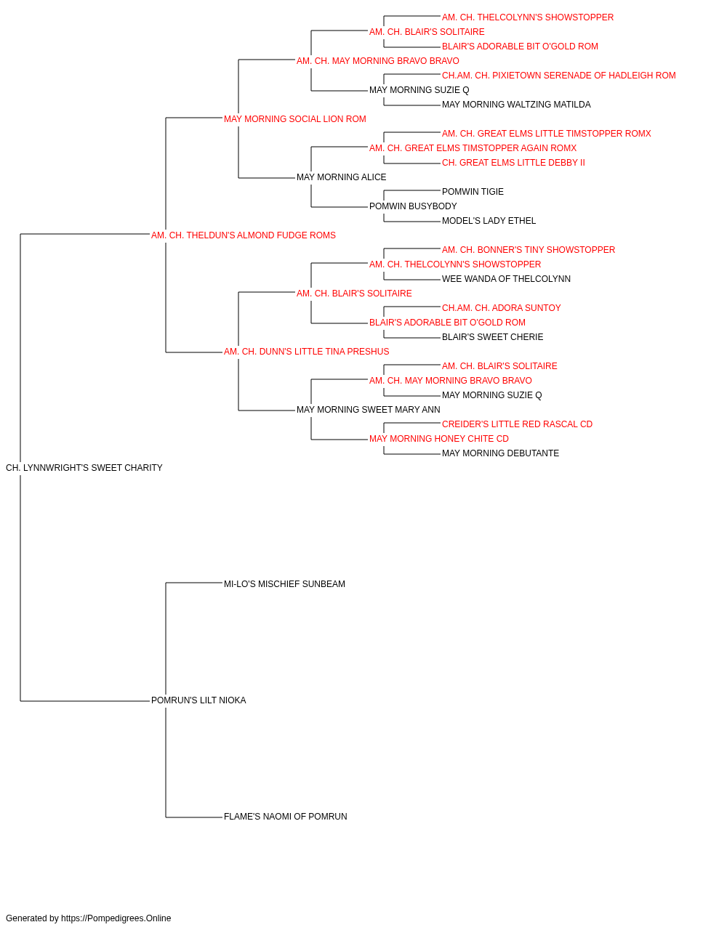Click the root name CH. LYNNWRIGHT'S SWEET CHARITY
tap(84, 468)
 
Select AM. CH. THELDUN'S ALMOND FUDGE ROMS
tap(244, 235)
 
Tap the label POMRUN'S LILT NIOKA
tap(198, 700)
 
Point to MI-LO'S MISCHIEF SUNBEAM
tap(284, 584)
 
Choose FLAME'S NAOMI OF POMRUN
tap(286, 817)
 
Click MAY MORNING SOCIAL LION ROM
tap(295, 119)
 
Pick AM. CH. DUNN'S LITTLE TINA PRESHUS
tap(307, 352)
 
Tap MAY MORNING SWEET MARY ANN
tap(368, 410)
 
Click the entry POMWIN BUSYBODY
tap(413, 206)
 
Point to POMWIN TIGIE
tap(473, 192)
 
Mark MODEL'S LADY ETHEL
tap(489, 221)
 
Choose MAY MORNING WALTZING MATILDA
tap(516, 105)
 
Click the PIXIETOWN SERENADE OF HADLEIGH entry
tap(559, 76)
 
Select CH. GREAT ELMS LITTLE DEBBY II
tap(513, 163)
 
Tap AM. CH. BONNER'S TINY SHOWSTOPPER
tap(529, 250)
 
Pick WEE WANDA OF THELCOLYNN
tap(506, 279)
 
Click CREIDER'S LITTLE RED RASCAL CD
tap(517, 424)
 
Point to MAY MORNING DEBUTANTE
tap(500, 453)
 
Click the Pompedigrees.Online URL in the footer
tap(116, 918)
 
